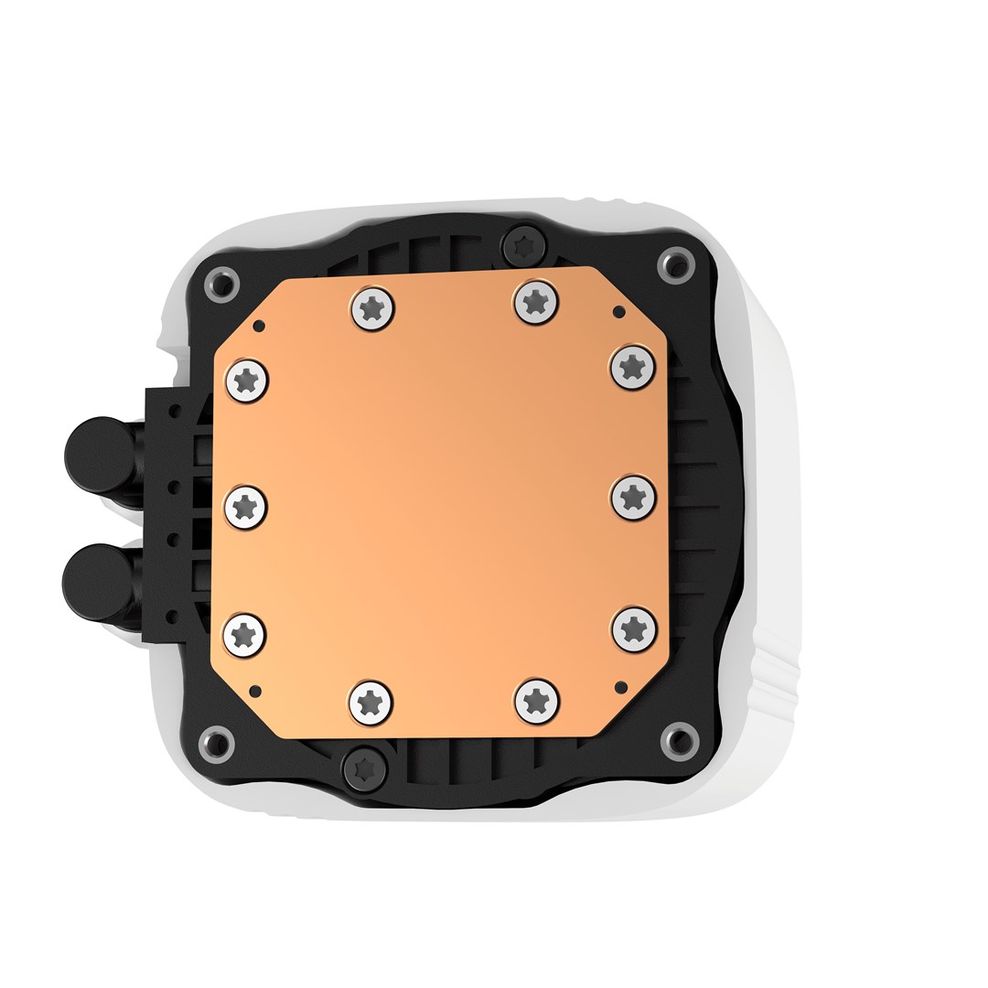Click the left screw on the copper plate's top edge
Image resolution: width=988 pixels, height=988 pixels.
click(371, 308)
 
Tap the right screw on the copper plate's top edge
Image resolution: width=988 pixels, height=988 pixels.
click(536, 301)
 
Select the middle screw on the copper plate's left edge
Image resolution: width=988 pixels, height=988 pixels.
click(244, 504)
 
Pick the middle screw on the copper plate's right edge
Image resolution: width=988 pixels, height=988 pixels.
click(632, 497)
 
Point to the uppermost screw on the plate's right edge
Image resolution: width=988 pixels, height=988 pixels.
click(632, 367)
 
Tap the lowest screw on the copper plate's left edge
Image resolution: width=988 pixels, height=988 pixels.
click(244, 632)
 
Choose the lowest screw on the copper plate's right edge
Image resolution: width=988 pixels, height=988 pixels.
click(633, 628)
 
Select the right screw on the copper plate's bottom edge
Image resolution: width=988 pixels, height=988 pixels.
click(537, 700)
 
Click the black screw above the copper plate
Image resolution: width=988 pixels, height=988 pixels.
click(524, 243)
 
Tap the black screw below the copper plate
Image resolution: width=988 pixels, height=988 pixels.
click(364, 766)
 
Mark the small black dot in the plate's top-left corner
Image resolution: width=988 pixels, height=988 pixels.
click(259, 325)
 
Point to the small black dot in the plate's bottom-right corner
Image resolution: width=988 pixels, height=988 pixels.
click(621, 684)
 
